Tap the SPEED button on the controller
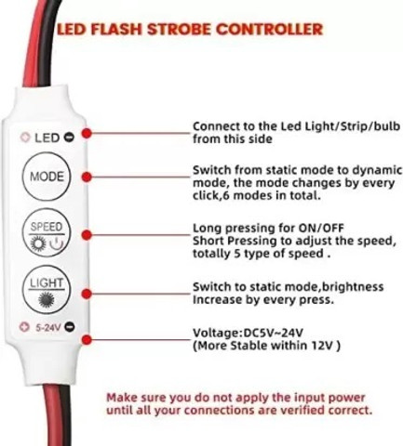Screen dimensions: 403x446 pos(47,232)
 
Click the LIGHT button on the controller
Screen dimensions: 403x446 pos(47,290)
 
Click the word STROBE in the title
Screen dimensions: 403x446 pos(178,30)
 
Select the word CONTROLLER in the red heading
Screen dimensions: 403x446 pos(269,30)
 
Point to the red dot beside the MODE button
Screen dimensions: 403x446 pos(87,177)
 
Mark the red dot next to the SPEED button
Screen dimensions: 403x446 pos(87,235)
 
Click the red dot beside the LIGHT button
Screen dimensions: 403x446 pos(87,294)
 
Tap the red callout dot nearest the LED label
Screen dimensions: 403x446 pos(87,134)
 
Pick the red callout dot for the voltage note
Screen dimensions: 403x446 pos(87,340)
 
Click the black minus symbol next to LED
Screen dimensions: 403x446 pos(69,137)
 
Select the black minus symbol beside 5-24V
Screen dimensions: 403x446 pos(70,326)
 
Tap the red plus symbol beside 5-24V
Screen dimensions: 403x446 pos(24,327)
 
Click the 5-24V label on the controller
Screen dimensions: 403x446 pos(47,327)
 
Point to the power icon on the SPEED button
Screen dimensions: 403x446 pos(57,244)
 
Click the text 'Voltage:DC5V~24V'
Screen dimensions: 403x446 pos(248,333)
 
